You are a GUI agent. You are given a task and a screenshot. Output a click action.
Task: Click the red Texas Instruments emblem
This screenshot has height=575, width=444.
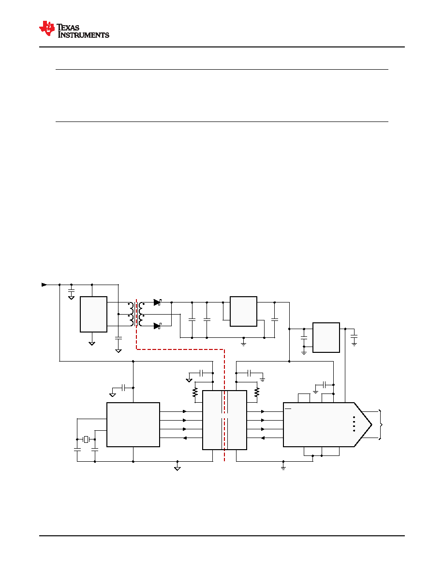tap(47, 29)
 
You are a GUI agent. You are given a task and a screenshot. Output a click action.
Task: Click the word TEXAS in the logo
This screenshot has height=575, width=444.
tap(68, 28)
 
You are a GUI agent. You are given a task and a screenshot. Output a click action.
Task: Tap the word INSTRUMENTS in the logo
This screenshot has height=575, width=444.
tap(84, 35)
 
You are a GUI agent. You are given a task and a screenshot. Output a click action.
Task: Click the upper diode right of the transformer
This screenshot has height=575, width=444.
tap(158, 303)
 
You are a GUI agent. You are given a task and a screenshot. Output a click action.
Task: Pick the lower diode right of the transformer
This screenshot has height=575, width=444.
tap(158, 326)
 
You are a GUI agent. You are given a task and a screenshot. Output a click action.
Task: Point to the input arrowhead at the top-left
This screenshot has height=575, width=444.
tap(44, 285)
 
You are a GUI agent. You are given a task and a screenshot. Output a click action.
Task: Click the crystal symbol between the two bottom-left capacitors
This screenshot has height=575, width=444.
tap(86, 439)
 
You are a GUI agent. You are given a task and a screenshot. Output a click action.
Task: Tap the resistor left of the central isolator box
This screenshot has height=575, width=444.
tap(195, 393)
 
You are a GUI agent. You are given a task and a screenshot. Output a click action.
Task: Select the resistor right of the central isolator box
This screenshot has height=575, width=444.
tap(257, 393)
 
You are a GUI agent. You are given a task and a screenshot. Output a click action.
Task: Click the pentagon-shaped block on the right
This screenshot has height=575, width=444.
tap(327, 424)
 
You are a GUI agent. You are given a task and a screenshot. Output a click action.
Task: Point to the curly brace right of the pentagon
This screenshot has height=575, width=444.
tap(381, 424)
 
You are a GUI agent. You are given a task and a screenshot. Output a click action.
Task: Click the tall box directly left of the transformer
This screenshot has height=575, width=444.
tap(93, 314)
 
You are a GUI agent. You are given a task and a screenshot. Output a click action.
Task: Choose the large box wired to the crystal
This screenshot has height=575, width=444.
tap(133, 424)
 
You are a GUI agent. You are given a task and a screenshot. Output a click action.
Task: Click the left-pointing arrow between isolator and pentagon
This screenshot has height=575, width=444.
tap(263, 438)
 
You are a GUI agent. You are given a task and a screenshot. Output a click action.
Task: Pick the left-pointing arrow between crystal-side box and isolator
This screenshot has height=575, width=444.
tap(185, 438)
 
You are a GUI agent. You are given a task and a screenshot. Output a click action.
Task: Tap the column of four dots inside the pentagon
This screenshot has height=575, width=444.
tap(354, 424)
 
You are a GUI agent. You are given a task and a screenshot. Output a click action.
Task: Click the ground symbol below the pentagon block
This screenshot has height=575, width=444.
tap(283, 468)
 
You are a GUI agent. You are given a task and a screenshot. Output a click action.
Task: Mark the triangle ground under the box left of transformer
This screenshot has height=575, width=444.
tap(92, 344)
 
